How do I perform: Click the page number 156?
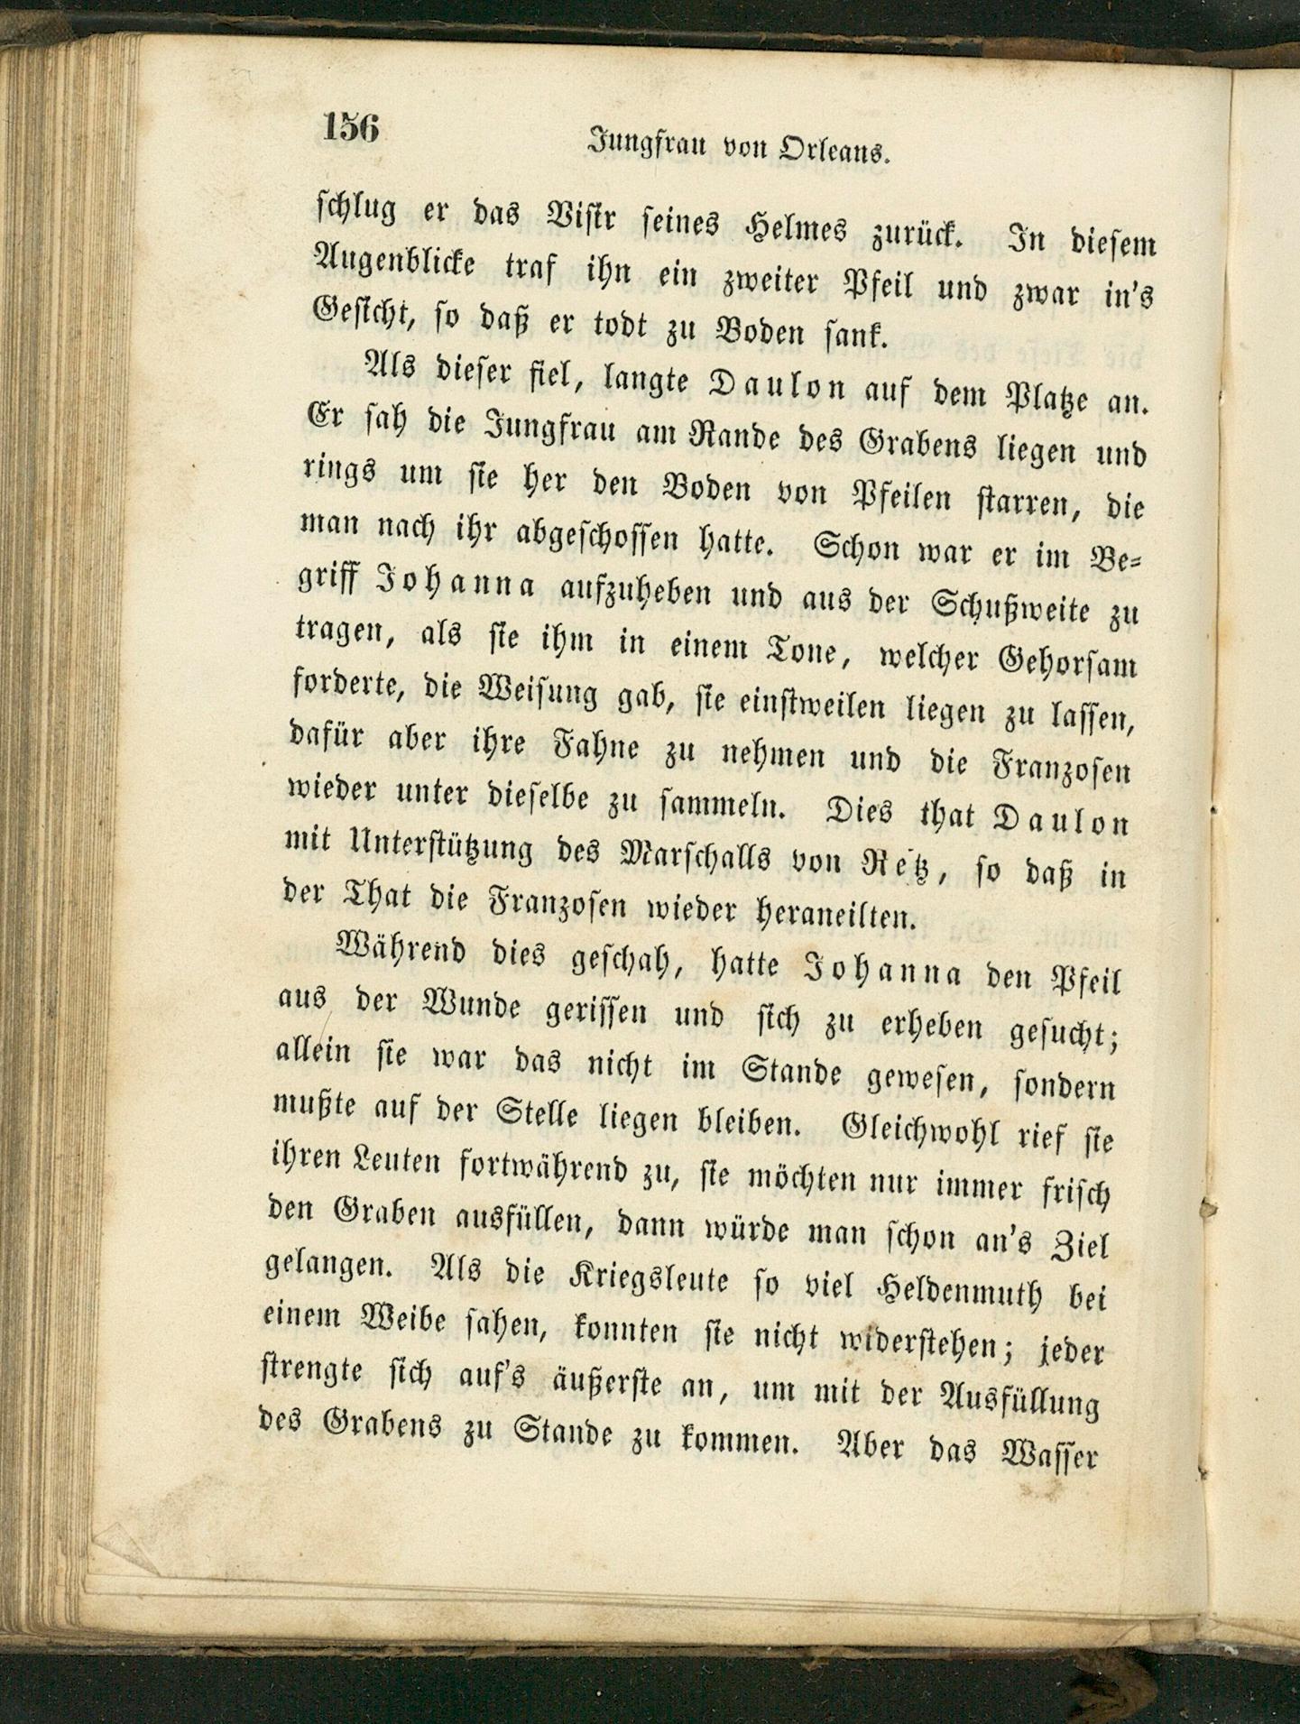click(350, 127)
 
